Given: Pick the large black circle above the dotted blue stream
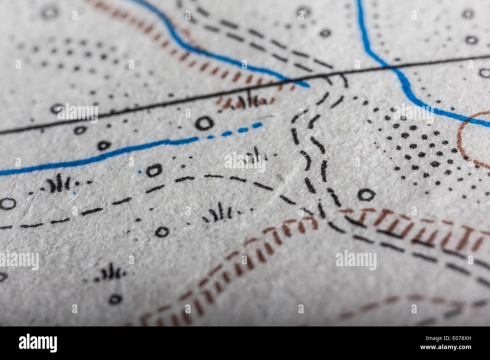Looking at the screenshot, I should point(205,122).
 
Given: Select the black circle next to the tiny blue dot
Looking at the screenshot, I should point(154,170).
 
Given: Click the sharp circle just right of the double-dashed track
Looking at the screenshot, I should point(366,195).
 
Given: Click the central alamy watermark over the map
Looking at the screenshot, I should point(245,161).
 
